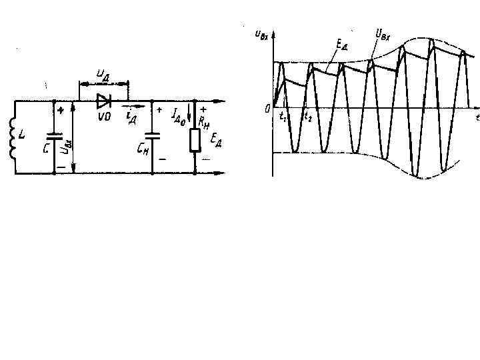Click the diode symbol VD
[103, 101]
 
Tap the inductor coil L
[13, 138]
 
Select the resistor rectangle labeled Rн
[194, 140]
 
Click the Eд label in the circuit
[215, 139]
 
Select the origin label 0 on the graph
[266, 108]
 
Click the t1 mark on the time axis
[283, 116]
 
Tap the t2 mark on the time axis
[307, 116]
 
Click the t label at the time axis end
[477, 117]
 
